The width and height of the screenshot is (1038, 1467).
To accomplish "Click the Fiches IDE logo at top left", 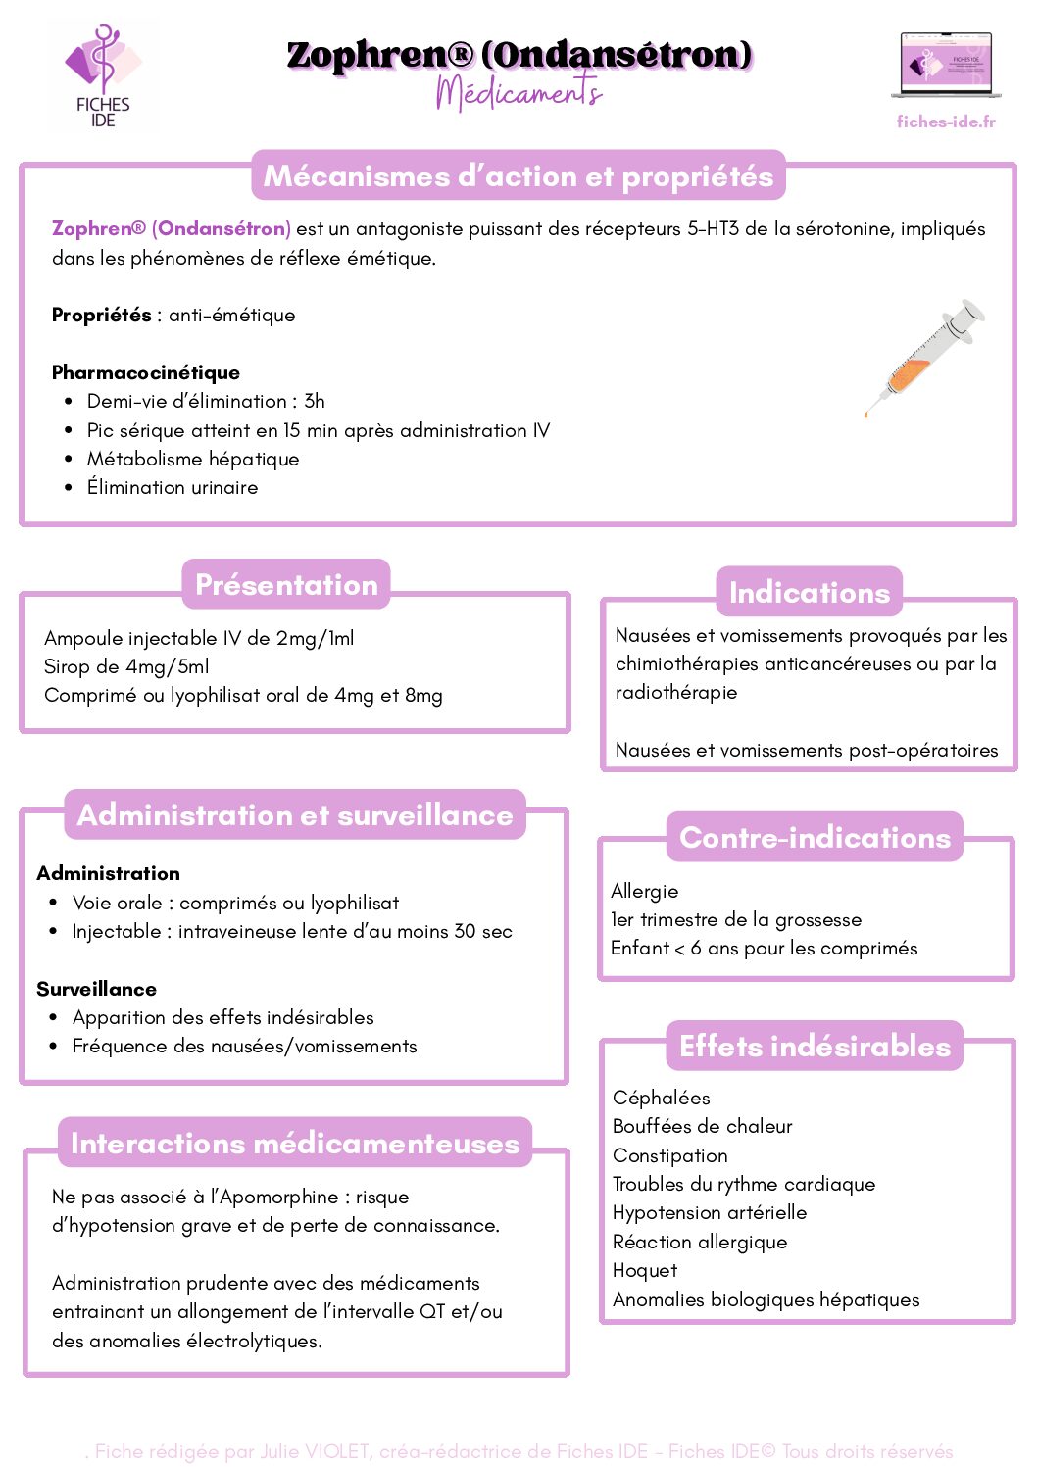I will click(102, 75).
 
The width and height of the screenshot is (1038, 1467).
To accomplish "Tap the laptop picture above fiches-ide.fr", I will click(946, 67).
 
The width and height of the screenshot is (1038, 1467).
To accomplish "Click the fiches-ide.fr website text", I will click(946, 122).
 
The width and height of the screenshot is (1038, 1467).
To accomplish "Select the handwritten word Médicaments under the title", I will click(519, 93).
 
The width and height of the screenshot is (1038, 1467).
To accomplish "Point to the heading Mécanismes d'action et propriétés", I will click(519, 175).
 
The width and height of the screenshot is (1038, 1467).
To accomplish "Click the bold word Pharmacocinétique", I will click(146, 372).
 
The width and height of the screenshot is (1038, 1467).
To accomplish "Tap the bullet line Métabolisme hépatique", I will click(193, 459).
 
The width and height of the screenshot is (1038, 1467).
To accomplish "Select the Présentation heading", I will click(286, 585).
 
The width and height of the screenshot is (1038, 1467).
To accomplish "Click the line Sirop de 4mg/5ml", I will click(126, 666).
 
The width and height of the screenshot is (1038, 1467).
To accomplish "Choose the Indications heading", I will click(810, 593).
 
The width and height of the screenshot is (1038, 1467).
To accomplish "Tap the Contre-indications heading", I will click(815, 838).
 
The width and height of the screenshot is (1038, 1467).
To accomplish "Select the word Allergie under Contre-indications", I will click(644, 891).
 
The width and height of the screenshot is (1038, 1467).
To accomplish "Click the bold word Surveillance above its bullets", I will click(96, 989).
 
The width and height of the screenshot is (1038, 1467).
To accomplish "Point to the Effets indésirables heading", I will click(815, 1047).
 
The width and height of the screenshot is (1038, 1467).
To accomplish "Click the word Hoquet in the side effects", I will click(645, 1270).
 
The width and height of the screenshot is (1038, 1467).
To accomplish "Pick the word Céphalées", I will click(662, 1098).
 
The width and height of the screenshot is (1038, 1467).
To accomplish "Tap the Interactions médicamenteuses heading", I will click(295, 1144).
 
